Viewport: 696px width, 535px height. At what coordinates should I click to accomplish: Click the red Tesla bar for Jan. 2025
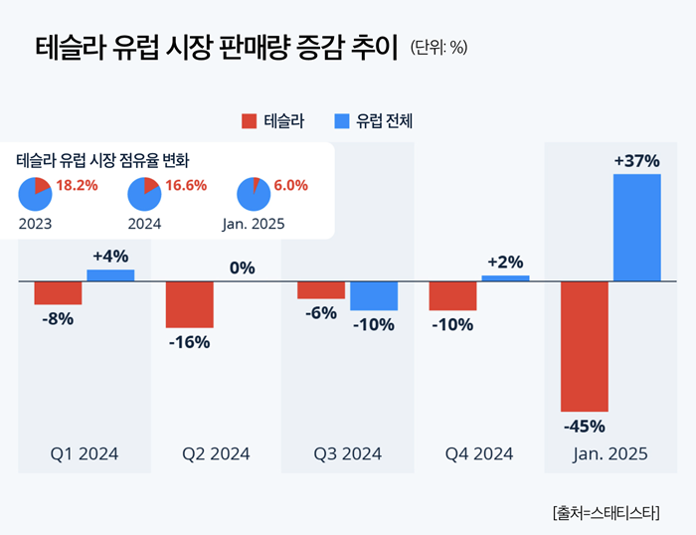coord(584,346)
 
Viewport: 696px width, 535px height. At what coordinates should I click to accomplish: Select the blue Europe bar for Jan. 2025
coord(637,228)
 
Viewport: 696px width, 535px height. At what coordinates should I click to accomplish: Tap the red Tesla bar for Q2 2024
coord(190,304)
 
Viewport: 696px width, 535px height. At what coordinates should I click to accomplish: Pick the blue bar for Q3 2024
coord(374,295)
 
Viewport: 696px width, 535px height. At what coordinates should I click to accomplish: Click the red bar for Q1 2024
coord(58,292)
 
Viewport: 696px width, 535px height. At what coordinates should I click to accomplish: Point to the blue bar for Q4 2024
coord(505,278)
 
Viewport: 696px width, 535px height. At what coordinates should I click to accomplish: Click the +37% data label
coord(637,160)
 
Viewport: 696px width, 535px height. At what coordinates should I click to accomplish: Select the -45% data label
coord(584,427)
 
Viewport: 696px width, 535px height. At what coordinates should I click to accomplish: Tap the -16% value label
coord(189,342)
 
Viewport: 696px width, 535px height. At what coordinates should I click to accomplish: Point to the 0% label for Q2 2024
coord(242,267)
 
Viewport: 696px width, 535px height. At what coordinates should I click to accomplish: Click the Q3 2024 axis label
coord(348,454)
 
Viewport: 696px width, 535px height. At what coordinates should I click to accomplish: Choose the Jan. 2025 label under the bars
coord(610,454)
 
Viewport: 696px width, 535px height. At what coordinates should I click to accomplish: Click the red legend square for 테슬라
coord(249,121)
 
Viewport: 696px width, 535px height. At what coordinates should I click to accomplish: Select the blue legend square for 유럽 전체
coord(341,121)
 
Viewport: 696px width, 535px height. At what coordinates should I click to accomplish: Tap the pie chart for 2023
coord(34,194)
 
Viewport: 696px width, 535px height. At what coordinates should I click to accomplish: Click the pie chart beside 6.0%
coord(254,194)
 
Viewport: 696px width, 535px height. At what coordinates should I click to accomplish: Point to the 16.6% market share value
coord(187,185)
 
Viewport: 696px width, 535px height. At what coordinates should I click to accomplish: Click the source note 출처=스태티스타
coord(610,513)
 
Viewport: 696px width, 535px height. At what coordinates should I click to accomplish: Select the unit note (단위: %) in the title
coord(437,46)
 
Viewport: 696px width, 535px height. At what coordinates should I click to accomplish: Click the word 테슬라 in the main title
coord(76,46)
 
